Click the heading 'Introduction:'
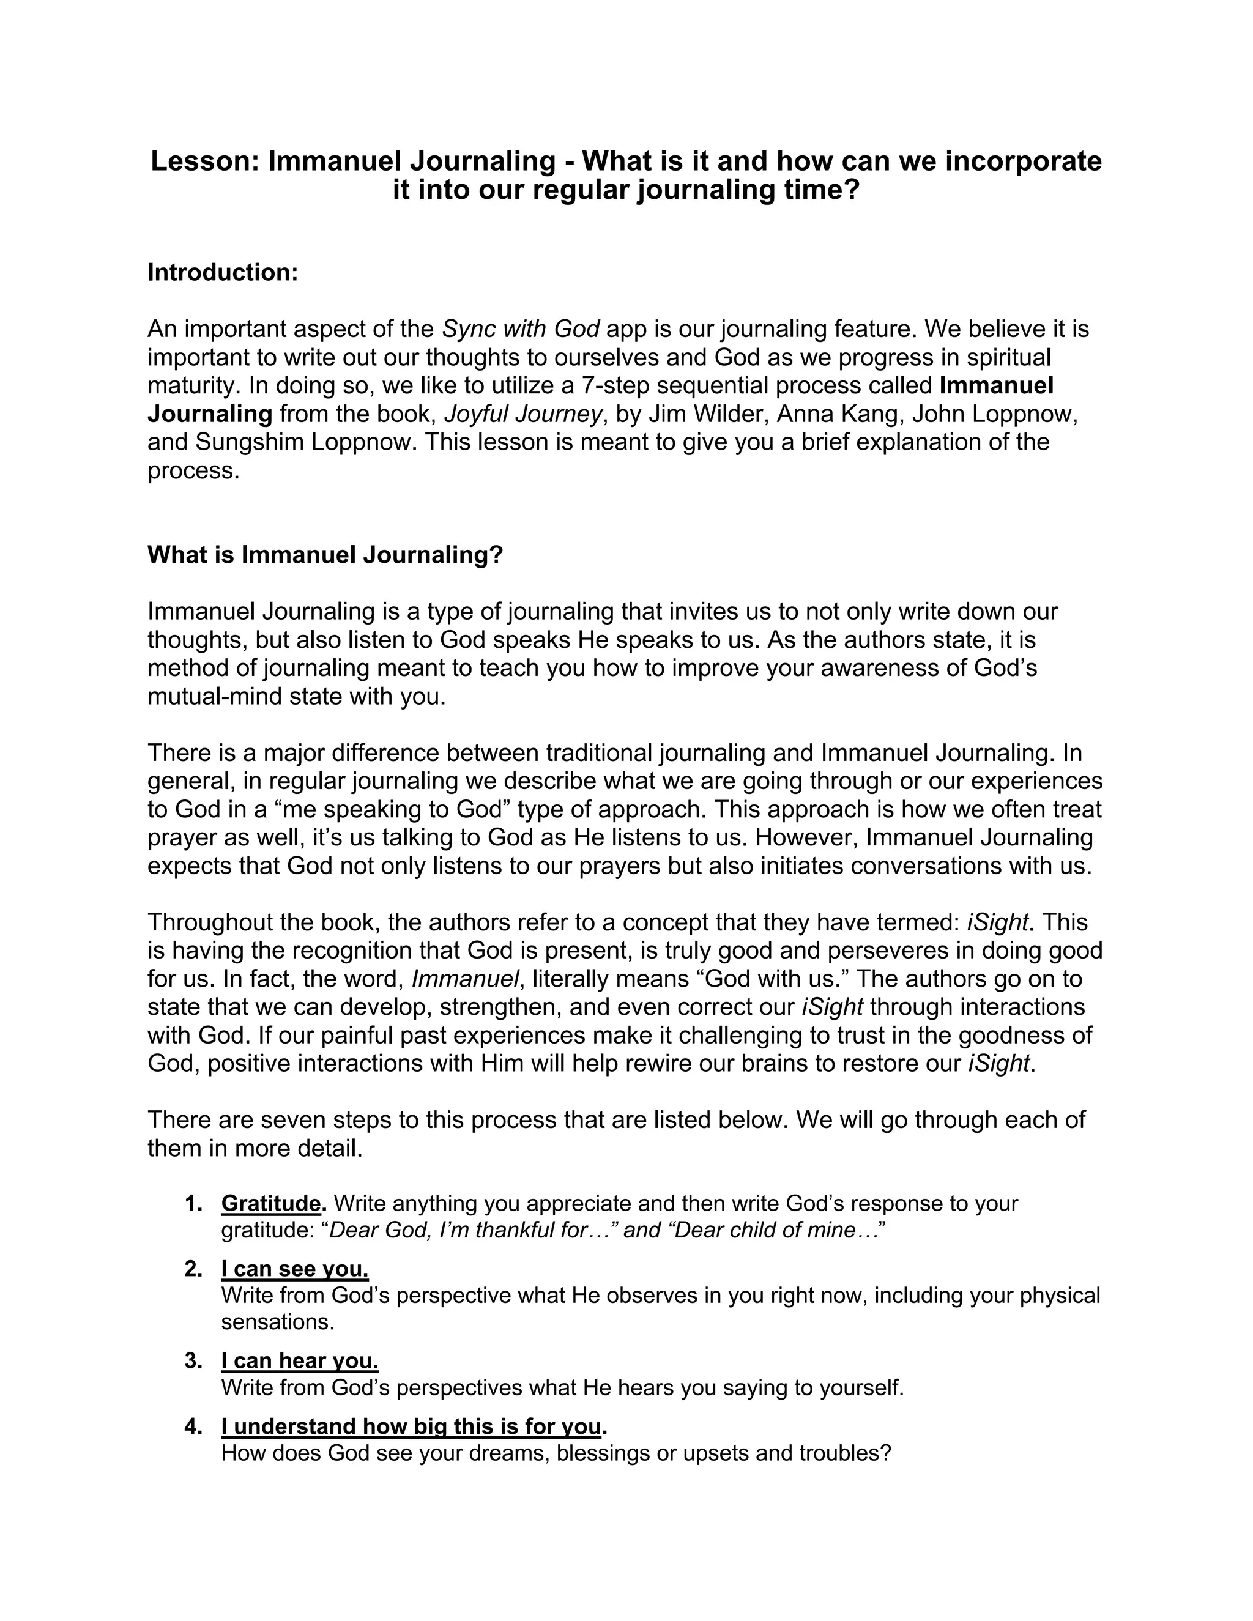point(222,272)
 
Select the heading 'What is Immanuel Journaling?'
point(325,554)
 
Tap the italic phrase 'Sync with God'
point(521,329)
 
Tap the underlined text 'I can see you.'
point(295,1269)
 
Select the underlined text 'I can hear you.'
point(300,1361)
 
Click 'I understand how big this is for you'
point(411,1426)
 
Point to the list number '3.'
point(194,1361)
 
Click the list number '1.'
point(194,1203)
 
